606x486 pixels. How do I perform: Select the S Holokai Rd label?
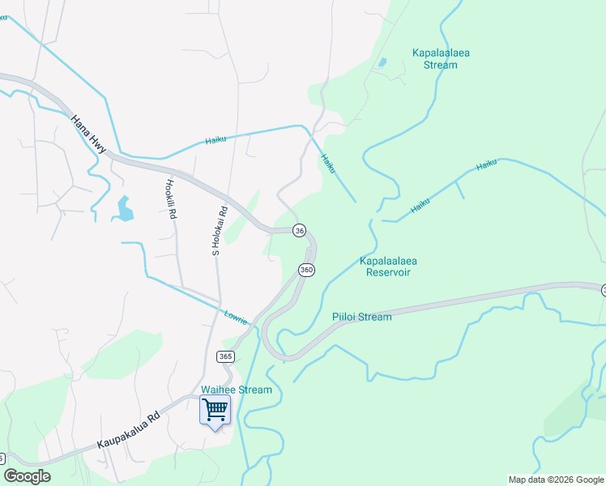coord(217,231)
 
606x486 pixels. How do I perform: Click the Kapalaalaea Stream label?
coord(441,59)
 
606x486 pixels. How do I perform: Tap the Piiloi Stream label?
coord(361,317)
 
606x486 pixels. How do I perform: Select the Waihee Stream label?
coord(237,390)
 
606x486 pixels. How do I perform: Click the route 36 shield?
coord(299,231)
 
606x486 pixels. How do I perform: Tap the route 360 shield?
coord(305,269)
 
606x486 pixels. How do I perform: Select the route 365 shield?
coord(226,356)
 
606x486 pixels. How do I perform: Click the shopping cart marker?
coord(215,411)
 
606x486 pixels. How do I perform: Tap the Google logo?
coord(27,476)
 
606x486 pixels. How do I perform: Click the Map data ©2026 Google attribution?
coord(556,480)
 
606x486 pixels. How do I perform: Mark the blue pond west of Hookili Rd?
coord(124,209)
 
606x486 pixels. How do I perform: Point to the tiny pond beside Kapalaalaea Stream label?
coord(381,62)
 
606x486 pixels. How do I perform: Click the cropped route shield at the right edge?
coord(603,290)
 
